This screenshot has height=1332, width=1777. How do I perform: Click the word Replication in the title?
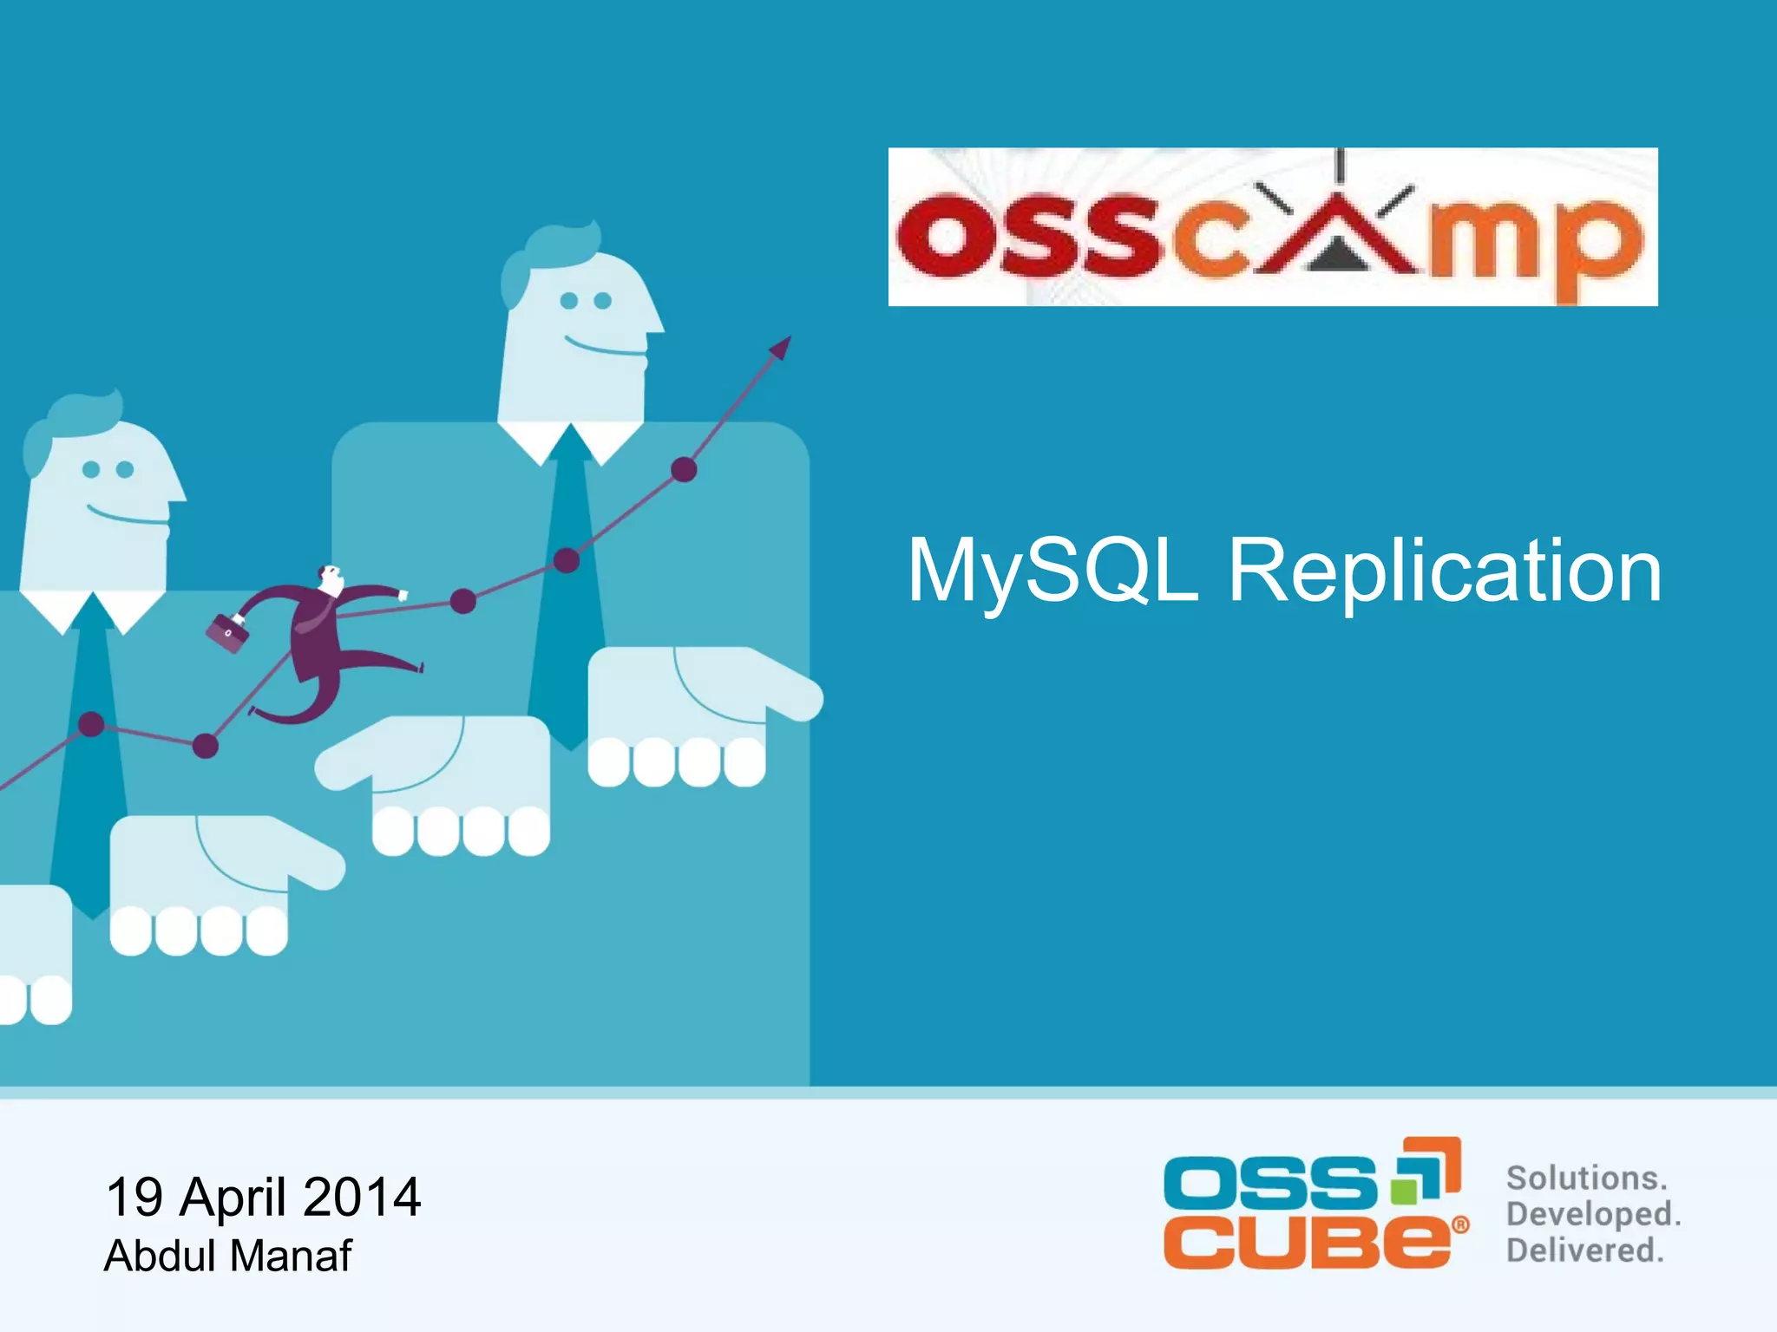click(1445, 572)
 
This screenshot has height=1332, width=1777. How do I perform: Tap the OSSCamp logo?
click(1272, 227)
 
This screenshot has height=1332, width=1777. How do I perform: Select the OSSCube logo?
click(1315, 1205)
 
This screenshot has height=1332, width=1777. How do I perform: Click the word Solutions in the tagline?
click(1586, 1178)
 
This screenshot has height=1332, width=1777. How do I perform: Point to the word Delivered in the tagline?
click(1585, 1250)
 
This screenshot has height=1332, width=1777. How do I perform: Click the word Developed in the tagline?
click(1593, 1214)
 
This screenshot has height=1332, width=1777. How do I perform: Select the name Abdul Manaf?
click(228, 1255)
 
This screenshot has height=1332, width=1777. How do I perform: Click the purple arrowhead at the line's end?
click(781, 348)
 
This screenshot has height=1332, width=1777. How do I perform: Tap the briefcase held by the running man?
click(226, 632)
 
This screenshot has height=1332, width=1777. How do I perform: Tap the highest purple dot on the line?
click(684, 470)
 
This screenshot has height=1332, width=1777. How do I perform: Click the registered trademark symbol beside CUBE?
click(1461, 1225)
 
